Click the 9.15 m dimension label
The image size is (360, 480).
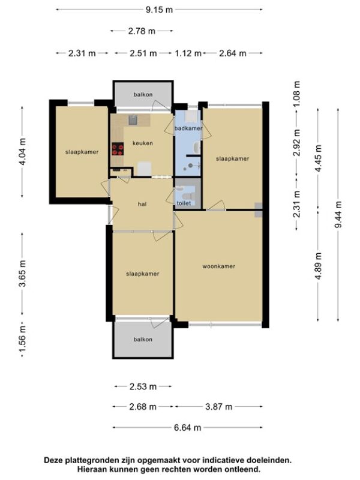[x=159, y=10]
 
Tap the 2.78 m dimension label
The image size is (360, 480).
[x=142, y=31]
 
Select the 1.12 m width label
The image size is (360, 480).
[x=188, y=53]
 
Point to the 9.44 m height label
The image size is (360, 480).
[x=338, y=214]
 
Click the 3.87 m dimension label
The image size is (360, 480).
[x=218, y=407]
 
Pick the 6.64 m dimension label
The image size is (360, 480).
[x=187, y=428]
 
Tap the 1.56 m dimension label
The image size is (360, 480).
[x=22, y=340]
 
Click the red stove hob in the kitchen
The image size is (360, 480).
[x=118, y=149]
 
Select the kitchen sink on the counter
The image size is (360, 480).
[x=133, y=121]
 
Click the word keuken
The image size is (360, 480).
[x=143, y=143]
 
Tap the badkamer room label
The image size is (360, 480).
[x=188, y=128]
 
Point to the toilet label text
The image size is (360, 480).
[x=184, y=203]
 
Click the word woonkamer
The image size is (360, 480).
[x=219, y=266]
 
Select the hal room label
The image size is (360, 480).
[x=142, y=204]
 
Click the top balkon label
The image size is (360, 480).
[x=143, y=95]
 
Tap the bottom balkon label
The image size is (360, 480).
[x=143, y=339]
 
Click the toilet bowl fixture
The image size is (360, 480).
[x=187, y=196]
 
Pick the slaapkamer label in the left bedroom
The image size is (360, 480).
[x=82, y=152]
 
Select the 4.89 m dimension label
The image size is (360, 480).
[x=319, y=266]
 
